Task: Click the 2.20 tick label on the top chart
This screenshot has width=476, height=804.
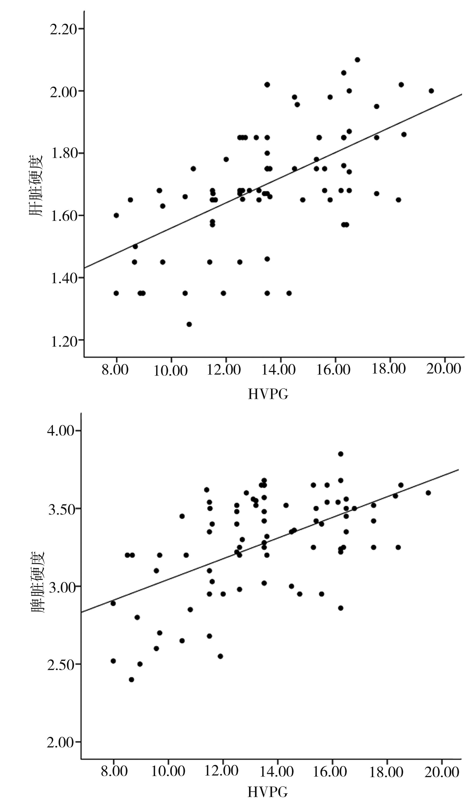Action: [x=63, y=29]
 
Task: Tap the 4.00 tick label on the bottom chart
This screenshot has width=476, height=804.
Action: [x=61, y=430]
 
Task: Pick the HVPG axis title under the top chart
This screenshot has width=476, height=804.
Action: [x=268, y=394]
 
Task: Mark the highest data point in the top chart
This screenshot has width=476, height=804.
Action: [x=357, y=60]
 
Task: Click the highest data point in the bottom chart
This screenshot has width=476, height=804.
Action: [x=341, y=454]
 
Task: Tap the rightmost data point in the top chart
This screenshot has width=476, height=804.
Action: [x=431, y=91]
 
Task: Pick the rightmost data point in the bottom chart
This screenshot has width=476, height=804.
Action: [x=428, y=493]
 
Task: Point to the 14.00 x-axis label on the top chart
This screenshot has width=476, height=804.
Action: [x=278, y=370]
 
